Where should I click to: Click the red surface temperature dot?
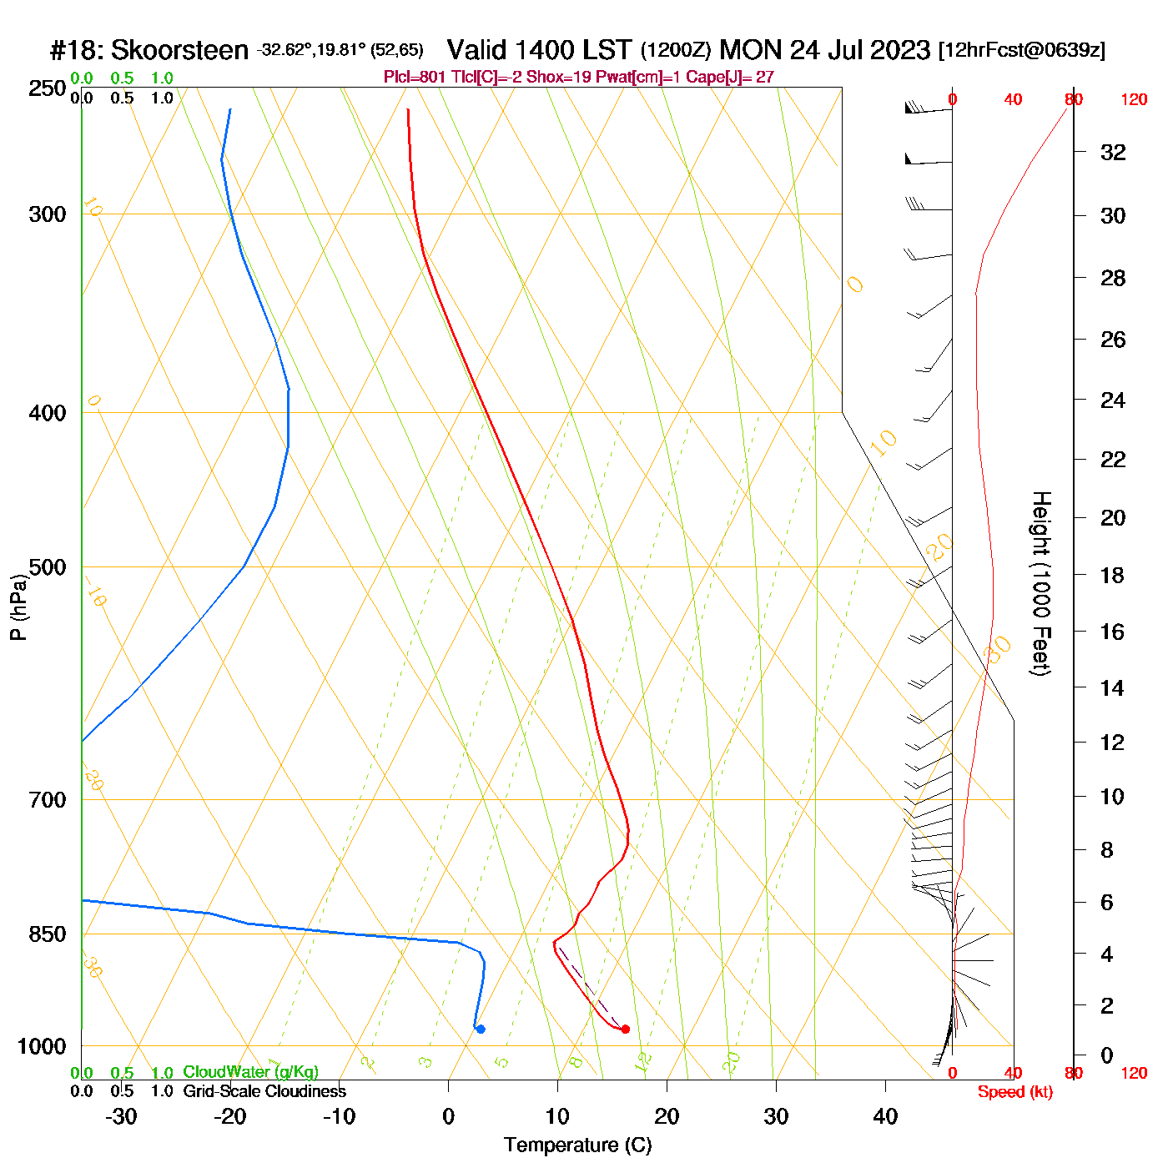click(x=625, y=1029)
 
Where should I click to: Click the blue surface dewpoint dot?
click(x=480, y=1029)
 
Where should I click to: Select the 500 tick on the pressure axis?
click(x=48, y=567)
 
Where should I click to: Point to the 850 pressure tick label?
click(x=48, y=934)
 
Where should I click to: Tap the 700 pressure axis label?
click(x=48, y=800)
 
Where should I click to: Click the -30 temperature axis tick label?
click(x=121, y=1116)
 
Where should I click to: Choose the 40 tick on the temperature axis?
click(x=885, y=1116)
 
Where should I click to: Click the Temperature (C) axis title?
click(x=577, y=1145)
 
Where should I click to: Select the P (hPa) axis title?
click(x=18, y=607)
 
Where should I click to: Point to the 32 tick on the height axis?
click(x=1113, y=153)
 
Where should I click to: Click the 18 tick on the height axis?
click(x=1113, y=575)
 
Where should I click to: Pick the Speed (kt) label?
click(x=1014, y=1092)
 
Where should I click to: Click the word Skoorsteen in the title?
click(x=179, y=50)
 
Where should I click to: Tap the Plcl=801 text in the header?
click(x=415, y=78)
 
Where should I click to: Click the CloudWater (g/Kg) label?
click(x=250, y=1072)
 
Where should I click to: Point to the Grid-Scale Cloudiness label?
click(x=264, y=1091)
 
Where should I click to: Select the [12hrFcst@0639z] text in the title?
click(x=1022, y=50)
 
